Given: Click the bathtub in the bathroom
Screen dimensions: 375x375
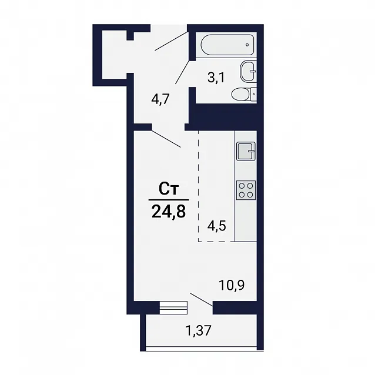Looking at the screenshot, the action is point(227,45).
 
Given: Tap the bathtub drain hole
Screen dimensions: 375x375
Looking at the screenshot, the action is point(247,45).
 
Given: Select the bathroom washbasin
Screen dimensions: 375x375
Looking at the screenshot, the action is point(249,71).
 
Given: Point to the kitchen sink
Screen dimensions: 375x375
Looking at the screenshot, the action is point(246,151).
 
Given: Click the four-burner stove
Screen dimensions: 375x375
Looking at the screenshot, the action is point(246,190).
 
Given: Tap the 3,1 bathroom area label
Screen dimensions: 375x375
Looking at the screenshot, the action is point(216,78).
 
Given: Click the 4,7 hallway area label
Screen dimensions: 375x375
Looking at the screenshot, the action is point(160,99).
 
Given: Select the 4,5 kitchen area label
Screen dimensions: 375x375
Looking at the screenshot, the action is point(216,226).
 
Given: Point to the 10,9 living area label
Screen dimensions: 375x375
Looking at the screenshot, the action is point(232,285).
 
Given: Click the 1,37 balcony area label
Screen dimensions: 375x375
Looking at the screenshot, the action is point(199,331).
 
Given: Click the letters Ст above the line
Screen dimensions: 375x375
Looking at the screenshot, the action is point(169,189).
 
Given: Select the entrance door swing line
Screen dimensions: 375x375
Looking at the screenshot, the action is point(171,41).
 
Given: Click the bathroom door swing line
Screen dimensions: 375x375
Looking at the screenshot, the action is point(182,72).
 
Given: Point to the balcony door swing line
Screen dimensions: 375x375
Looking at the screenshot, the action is point(202,299).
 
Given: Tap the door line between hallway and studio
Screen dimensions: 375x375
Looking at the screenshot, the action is point(166,139).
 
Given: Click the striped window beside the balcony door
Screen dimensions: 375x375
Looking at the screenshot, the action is point(173,307).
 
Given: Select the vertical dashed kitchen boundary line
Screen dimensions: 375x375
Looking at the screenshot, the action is point(198,186).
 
